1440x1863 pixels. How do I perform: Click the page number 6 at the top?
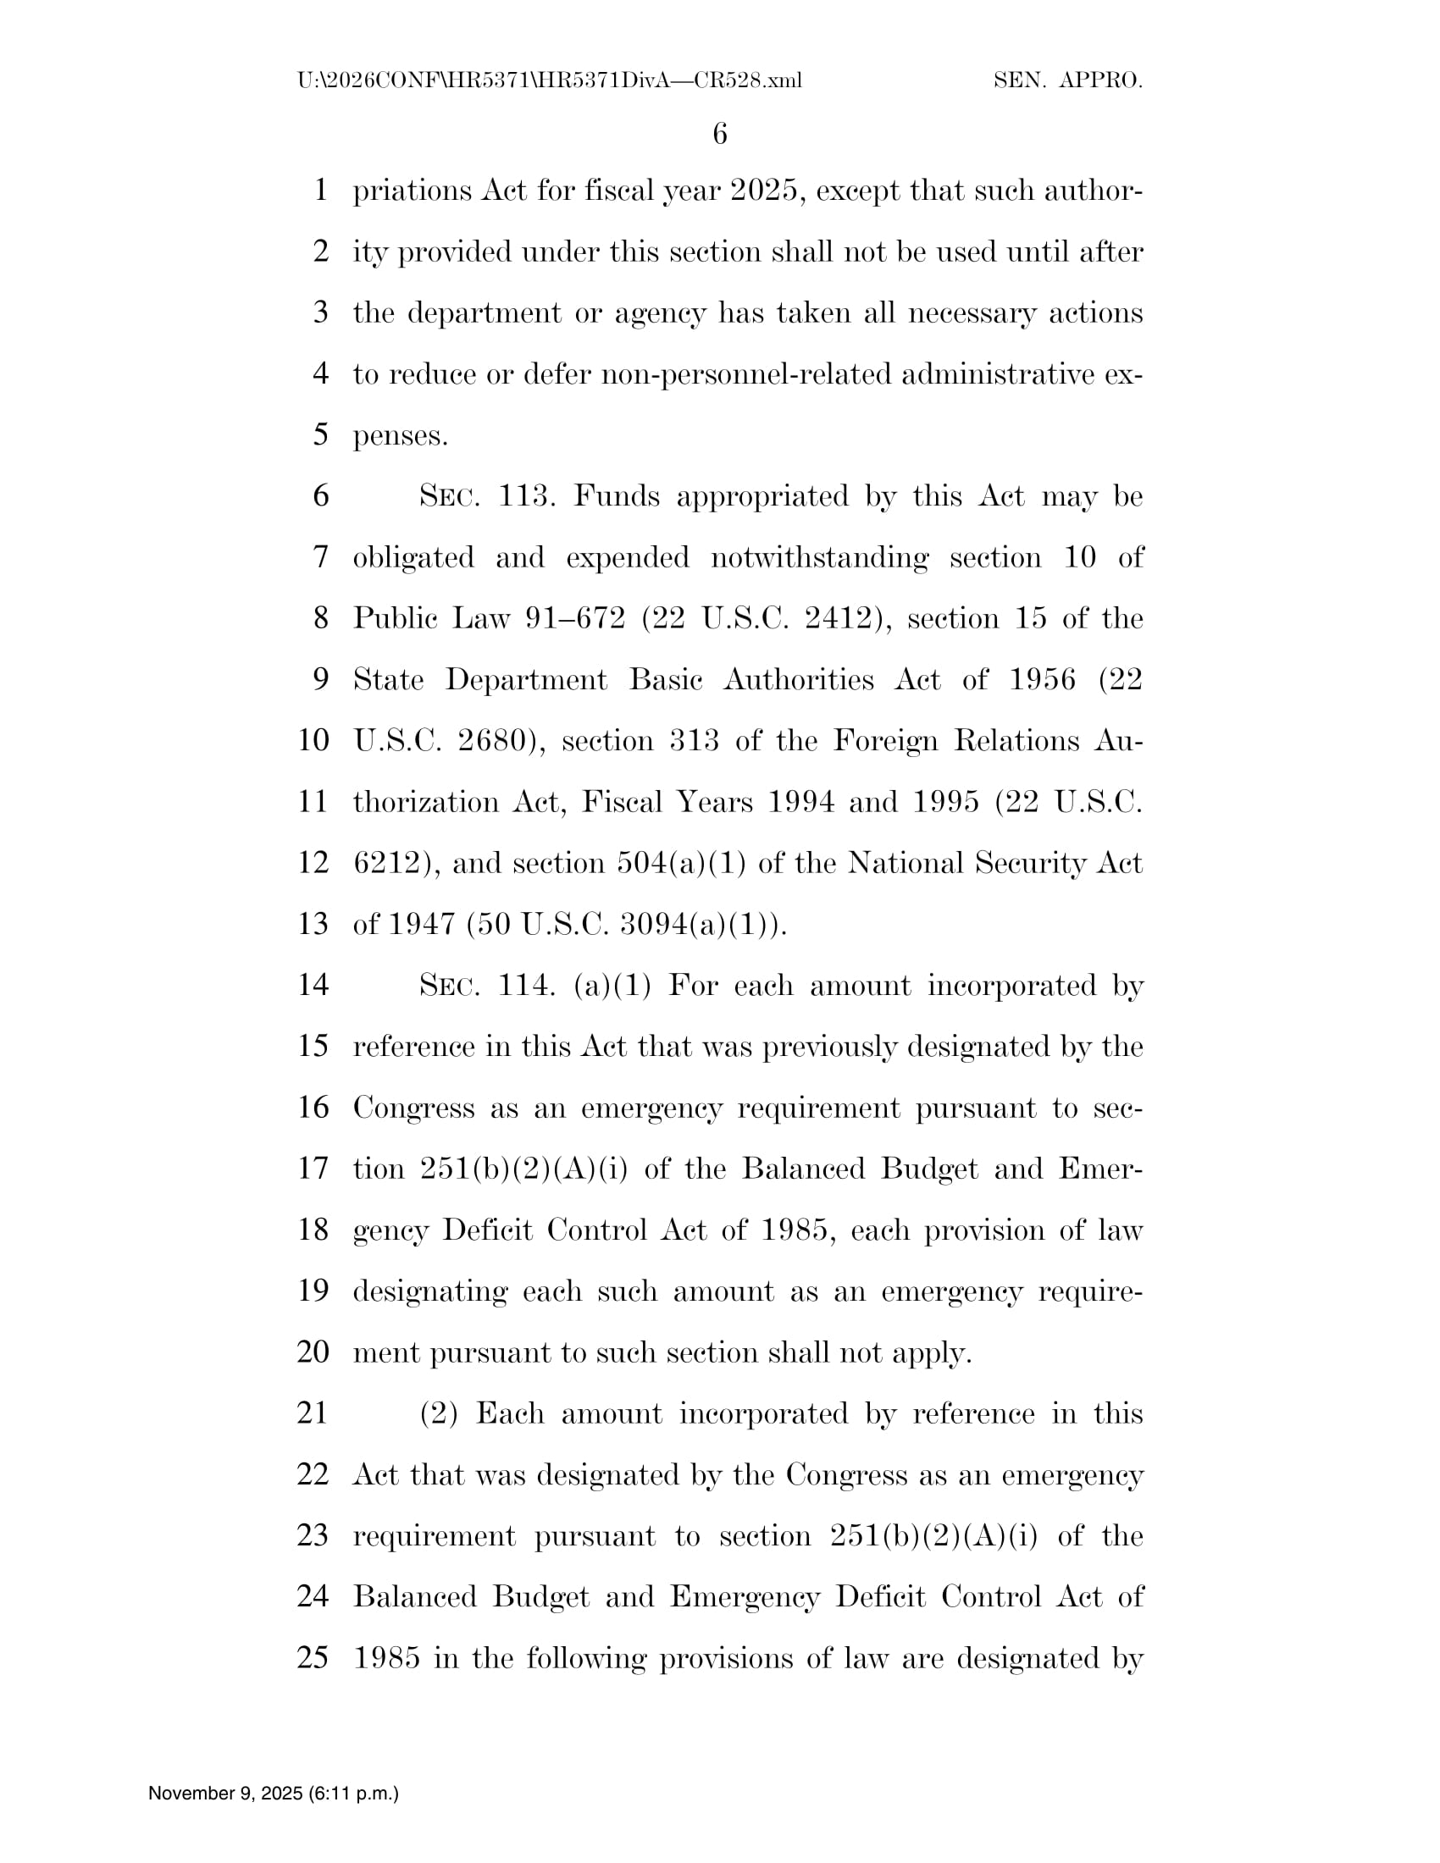(719, 134)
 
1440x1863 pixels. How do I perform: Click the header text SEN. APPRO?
(1068, 81)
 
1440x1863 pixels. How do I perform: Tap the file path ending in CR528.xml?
(550, 81)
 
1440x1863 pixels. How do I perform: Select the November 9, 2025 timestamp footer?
(273, 1793)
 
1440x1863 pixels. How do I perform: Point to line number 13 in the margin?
(313, 924)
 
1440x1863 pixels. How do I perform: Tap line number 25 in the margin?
(313, 1657)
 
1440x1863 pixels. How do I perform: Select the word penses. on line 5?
(400, 436)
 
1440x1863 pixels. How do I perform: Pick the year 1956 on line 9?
(1042, 680)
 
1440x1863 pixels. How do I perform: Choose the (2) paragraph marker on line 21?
(440, 1413)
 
